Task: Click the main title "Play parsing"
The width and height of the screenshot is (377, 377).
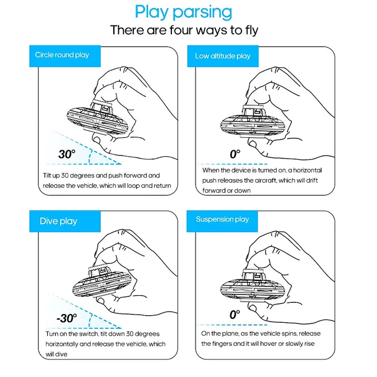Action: (x=183, y=11)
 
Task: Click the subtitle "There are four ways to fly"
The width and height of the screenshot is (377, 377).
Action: (x=183, y=30)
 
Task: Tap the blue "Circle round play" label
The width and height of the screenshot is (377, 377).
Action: (x=62, y=55)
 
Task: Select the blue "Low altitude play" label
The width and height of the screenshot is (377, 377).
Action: (x=223, y=56)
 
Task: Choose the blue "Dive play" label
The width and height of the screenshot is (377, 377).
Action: (x=58, y=221)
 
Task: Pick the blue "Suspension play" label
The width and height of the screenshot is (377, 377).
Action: (x=222, y=219)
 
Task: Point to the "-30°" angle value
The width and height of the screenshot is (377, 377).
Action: (x=66, y=318)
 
